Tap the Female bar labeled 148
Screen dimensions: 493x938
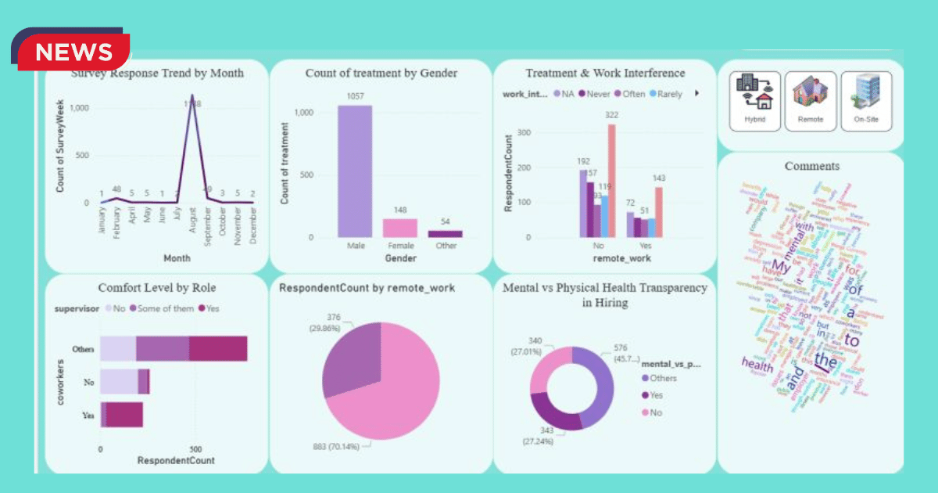399,228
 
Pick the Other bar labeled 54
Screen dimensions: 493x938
444,233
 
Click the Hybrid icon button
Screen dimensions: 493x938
755,101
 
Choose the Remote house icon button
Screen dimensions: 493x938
811,101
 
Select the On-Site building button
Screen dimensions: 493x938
866,101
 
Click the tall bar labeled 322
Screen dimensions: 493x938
611,181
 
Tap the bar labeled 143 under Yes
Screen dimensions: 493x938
659,211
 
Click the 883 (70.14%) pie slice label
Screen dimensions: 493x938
335,447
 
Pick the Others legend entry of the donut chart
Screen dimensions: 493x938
662,379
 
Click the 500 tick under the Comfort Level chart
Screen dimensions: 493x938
196,449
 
